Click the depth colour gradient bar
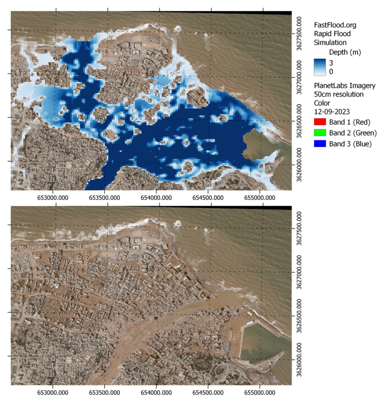pos(320,67)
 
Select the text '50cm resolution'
pos(338,94)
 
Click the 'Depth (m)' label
pos(345,52)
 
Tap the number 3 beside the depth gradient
pos(331,63)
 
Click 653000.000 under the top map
pos(55,196)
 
